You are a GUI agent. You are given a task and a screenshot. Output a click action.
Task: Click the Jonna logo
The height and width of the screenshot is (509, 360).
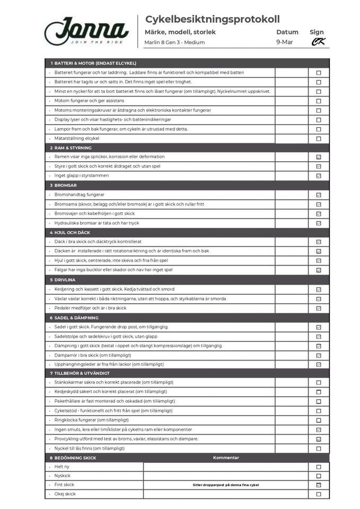(86, 31)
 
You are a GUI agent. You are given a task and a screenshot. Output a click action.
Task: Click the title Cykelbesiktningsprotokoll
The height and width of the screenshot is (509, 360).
(212, 20)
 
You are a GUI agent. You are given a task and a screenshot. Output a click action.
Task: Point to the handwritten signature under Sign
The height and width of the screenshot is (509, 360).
(318, 42)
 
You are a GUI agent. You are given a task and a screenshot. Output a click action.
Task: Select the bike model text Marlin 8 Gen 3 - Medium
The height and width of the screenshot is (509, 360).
(174, 42)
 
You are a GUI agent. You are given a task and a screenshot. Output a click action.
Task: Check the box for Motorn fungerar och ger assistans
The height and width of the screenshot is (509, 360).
(319, 101)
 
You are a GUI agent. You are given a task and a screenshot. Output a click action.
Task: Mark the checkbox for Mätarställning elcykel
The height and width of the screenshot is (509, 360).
(319, 138)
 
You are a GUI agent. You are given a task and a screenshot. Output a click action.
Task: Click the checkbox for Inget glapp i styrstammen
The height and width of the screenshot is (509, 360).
(319, 176)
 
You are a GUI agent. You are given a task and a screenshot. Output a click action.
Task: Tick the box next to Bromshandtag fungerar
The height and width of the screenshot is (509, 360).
(319, 195)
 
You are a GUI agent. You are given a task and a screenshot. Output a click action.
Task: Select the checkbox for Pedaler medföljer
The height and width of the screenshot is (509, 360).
(319, 308)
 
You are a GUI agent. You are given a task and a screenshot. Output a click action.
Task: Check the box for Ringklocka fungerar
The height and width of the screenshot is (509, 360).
(319, 420)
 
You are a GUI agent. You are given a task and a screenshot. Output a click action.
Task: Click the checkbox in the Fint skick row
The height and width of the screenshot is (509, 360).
(319, 485)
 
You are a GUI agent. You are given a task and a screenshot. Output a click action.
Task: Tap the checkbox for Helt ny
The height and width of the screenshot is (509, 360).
(319, 467)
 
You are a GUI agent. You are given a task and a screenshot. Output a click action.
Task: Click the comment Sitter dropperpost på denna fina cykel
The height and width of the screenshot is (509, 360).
(226, 485)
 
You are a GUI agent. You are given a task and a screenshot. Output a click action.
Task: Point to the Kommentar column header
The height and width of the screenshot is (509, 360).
(226, 458)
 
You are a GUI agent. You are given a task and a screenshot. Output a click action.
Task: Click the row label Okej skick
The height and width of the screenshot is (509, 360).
(65, 494)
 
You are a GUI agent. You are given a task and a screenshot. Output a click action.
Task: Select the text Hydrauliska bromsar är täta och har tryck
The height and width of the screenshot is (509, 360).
(96, 223)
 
